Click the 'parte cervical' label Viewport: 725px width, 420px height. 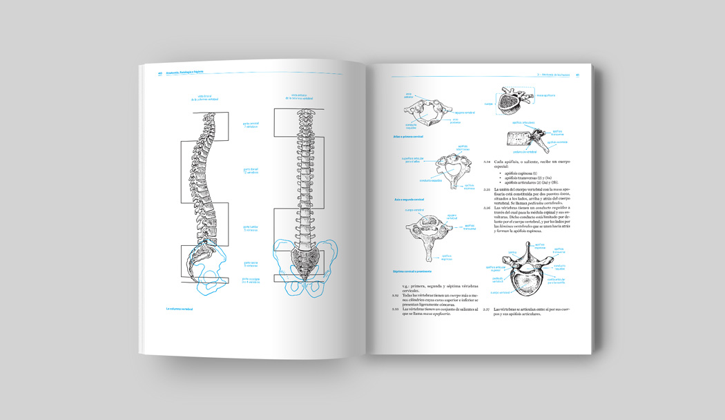click(250, 125)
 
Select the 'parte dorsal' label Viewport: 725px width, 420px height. click(250, 169)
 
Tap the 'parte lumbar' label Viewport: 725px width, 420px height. click(250, 227)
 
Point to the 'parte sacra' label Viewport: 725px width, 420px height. click(250, 264)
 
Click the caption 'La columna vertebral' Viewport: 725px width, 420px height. click(179, 309)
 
